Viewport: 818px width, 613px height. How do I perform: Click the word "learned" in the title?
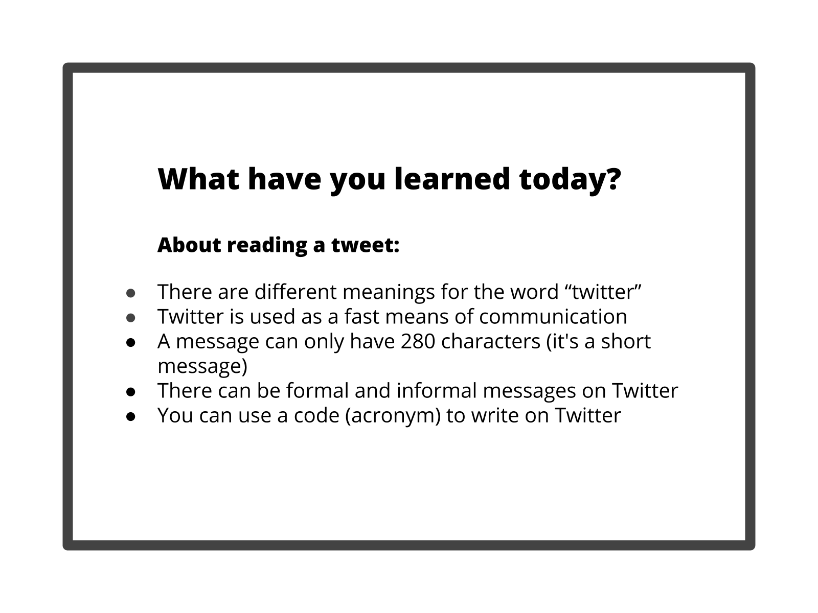tap(451, 179)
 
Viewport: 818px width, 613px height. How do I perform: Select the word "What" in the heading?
tap(198, 179)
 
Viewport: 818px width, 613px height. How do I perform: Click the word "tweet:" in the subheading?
tap(365, 245)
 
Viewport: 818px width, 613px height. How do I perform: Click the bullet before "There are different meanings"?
tap(130, 293)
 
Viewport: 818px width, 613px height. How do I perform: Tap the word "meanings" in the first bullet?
tap(389, 292)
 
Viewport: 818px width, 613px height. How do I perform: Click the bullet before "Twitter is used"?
tap(130, 317)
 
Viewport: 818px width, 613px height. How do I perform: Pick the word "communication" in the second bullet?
tap(553, 317)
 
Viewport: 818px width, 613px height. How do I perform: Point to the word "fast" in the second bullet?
tap(361, 316)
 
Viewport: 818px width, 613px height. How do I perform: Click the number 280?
tap(418, 341)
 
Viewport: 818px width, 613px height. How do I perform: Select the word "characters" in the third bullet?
tap(491, 341)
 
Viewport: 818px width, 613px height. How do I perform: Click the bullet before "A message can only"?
tap(130, 342)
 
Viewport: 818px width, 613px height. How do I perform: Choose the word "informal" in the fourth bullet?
tap(437, 391)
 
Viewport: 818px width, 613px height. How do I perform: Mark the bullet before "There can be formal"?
tap(130, 392)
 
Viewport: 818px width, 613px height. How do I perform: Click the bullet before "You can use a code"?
tap(130, 416)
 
